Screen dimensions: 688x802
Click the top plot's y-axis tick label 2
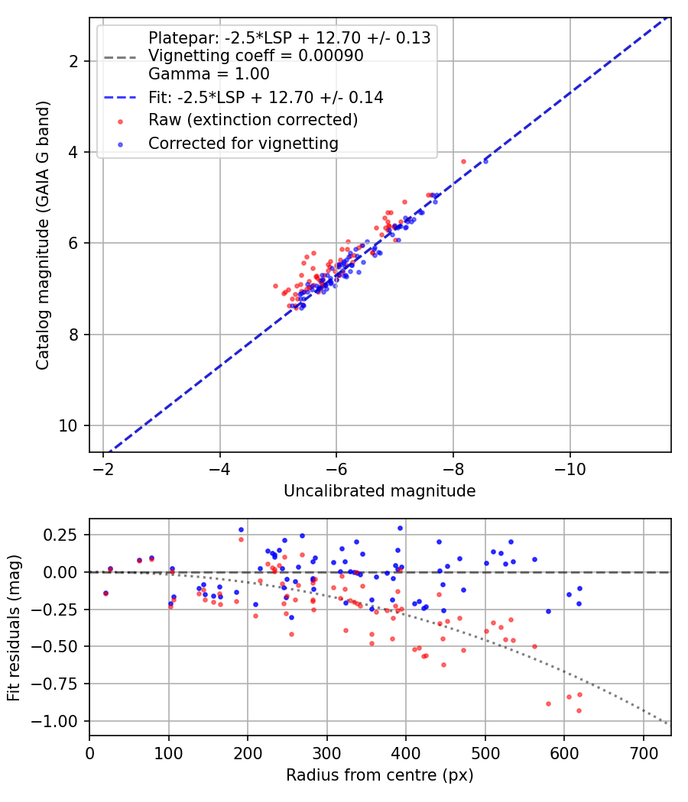pos(73,61)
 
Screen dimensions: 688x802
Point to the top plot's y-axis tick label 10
pos(68,425)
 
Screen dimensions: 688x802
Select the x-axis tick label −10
pos(570,470)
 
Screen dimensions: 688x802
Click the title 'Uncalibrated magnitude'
pos(380,491)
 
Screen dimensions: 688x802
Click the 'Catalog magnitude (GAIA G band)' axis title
pos(43,235)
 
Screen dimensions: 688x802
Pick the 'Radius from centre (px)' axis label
pos(380,775)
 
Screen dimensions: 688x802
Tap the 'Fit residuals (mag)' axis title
pos(14,628)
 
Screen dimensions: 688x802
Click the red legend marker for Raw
pos(120,121)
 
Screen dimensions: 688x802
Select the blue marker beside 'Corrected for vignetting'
pos(120,145)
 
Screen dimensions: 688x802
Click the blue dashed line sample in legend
pos(120,97)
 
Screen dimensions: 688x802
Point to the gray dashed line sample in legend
pos(120,57)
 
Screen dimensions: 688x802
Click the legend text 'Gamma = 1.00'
pos(209,74)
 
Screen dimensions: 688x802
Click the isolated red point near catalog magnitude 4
pos(464,162)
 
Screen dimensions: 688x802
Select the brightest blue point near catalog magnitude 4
pos(485,162)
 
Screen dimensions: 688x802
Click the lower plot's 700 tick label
pos(644,753)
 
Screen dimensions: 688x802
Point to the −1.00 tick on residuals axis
pos(55,721)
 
